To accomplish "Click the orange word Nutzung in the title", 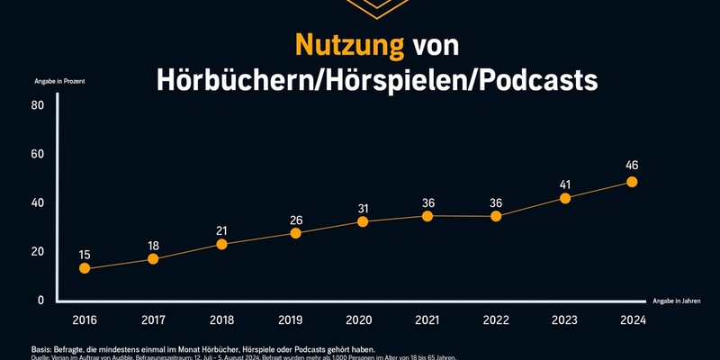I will coord(347,46).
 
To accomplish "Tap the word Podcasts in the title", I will coord(536,79).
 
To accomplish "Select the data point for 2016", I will coord(85,268).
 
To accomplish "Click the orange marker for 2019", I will coord(295,233).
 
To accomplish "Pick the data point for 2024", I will coord(632,182).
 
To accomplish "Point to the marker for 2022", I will coord(496,216).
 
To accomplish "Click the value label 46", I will coord(632,166).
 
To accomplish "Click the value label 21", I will coord(221,230).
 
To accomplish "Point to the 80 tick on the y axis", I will coord(38,105).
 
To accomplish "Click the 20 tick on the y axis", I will coord(38,251).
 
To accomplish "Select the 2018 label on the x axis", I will coord(221,319).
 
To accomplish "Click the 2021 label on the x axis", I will coord(427,319).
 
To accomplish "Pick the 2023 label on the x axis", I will coord(564,319).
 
